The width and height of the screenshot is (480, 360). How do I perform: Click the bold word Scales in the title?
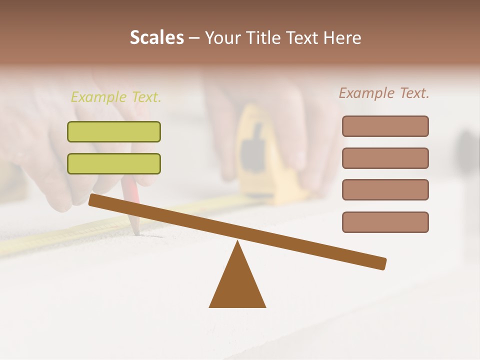click(156, 37)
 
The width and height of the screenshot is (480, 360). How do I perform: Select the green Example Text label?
click(116, 97)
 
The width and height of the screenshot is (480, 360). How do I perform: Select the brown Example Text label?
click(384, 93)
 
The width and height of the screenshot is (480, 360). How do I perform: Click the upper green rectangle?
click(114, 132)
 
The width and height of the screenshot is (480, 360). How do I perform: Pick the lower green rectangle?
click(114, 164)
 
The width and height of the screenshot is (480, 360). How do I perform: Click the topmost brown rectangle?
click(385, 126)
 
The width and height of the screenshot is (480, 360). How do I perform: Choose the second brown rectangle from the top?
click(385, 158)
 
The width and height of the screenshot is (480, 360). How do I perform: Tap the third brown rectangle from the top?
click(385, 190)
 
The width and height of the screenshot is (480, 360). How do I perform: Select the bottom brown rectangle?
click(385, 222)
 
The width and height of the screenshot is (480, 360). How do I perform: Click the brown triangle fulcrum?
click(237, 285)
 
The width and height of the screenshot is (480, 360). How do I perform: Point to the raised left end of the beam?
click(93, 200)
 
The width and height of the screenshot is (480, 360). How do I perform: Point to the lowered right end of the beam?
click(382, 263)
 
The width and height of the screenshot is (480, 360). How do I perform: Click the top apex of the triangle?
click(237, 242)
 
